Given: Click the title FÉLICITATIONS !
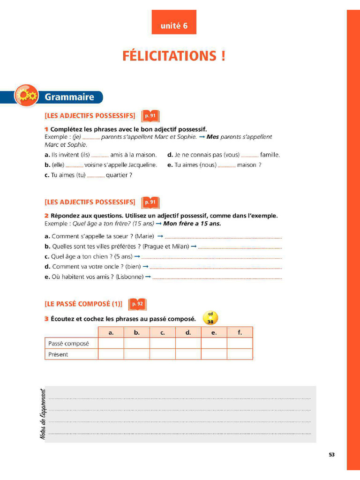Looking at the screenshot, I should [x=174, y=56].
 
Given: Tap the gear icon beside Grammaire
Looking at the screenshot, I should [x=26, y=96].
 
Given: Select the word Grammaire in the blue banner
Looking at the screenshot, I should [x=69, y=97].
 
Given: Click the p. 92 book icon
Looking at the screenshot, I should [x=137, y=304].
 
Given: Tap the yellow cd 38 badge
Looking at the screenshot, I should [x=210, y=318].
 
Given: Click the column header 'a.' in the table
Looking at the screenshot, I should [x=111, y=332].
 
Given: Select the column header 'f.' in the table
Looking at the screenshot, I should [x=240, y=332].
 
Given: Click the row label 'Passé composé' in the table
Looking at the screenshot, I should [x=68, y=344].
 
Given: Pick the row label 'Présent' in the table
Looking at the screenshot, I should [x=58, y=354].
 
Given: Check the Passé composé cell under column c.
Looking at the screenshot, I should [x=163, y=344].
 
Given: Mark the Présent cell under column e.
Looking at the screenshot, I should [x=214, y=354].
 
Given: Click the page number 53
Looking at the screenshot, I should [x=331, y=454].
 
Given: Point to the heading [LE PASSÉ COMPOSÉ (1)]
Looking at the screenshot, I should [x=83, y=304].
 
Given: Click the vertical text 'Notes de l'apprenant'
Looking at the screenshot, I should [x=43, y=414].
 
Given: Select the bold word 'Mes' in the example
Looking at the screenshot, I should [x=212, y=137].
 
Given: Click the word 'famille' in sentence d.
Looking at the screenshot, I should [x=270, y=155].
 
